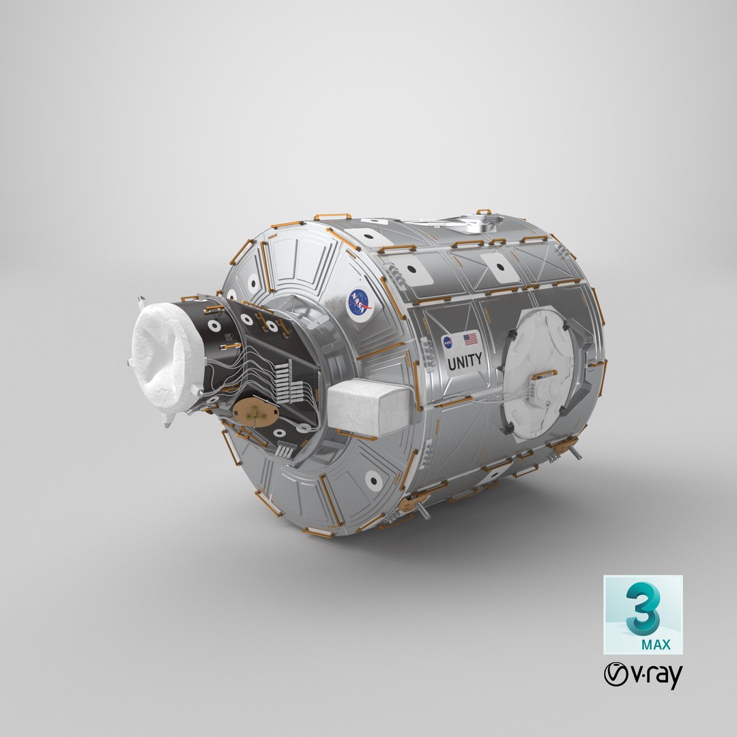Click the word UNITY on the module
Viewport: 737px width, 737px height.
[465, 360]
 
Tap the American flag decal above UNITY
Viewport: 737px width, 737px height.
[471, 338]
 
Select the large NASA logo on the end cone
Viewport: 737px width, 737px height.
[360, 303]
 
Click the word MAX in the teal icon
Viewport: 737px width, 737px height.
[656, 644]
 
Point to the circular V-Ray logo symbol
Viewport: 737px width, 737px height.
[616, 675]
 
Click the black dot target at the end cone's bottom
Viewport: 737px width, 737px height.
[373, 481]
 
